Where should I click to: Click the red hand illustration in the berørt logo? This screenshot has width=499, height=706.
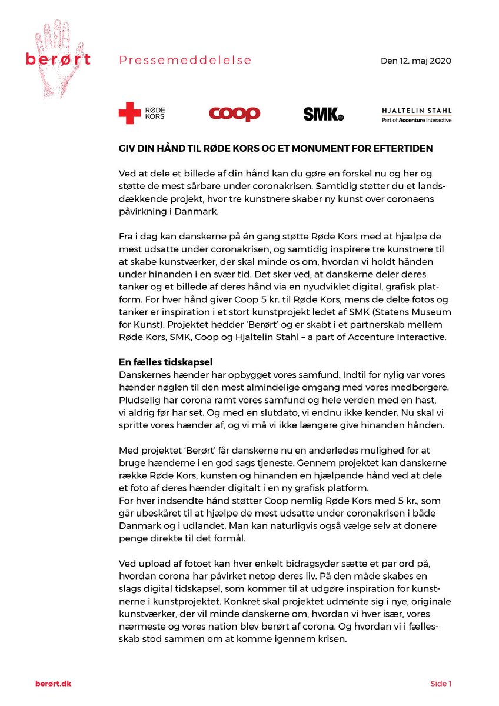(x=59, y=41)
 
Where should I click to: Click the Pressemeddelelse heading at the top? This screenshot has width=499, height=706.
(x=185, y=60)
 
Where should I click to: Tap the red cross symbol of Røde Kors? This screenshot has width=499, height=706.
(x=129, y=113)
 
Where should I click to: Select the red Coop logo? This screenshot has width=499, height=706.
(x=234, y=113)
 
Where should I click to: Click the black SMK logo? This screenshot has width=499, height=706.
(x=323, y=114)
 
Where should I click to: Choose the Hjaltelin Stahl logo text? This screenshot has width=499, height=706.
(x=417, y=110)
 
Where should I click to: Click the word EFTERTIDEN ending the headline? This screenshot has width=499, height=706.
(x=403, y=148)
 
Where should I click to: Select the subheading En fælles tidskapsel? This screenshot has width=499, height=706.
(x=166, y=362)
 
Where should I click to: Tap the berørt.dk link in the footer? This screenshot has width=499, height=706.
(x=54, y=683)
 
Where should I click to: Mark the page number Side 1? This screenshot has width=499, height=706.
(x=441, y=684)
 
